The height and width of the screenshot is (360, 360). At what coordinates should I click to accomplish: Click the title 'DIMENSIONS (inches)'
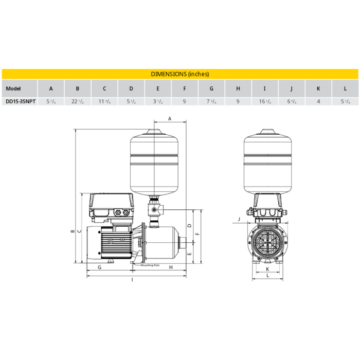(x=179, y=74)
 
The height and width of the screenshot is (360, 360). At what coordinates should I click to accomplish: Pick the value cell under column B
(x=78, y=102)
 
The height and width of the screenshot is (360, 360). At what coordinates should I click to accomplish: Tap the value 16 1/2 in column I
(x=265, y=102)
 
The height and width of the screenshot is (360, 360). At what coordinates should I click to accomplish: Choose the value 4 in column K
(x=318, y=102)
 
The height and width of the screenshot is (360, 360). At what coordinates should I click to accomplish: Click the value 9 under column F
(x=185, y=102)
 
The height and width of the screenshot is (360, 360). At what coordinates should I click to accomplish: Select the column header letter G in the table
(x=211, y=88)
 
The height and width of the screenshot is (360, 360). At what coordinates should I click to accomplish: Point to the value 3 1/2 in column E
(x=158, y=102)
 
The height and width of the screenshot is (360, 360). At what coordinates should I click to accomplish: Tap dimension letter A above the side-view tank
(x=170, y=119)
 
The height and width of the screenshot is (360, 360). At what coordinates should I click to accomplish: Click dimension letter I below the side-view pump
(x=133, y=280)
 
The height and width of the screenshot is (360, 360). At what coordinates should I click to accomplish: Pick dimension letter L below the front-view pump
(x=267, y=276)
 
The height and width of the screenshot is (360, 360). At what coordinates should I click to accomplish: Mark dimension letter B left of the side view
(x=73, y=231)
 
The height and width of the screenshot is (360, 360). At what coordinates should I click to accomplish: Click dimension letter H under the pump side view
(x=170, y=268)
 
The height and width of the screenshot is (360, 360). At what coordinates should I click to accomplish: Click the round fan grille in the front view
(x=267, y=242)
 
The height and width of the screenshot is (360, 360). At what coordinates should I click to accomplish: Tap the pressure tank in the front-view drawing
(x=267, y=159)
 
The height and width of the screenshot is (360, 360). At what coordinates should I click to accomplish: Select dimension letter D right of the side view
(x=190, y=226)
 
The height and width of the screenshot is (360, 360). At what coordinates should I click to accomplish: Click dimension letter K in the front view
(x=267, y=268)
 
